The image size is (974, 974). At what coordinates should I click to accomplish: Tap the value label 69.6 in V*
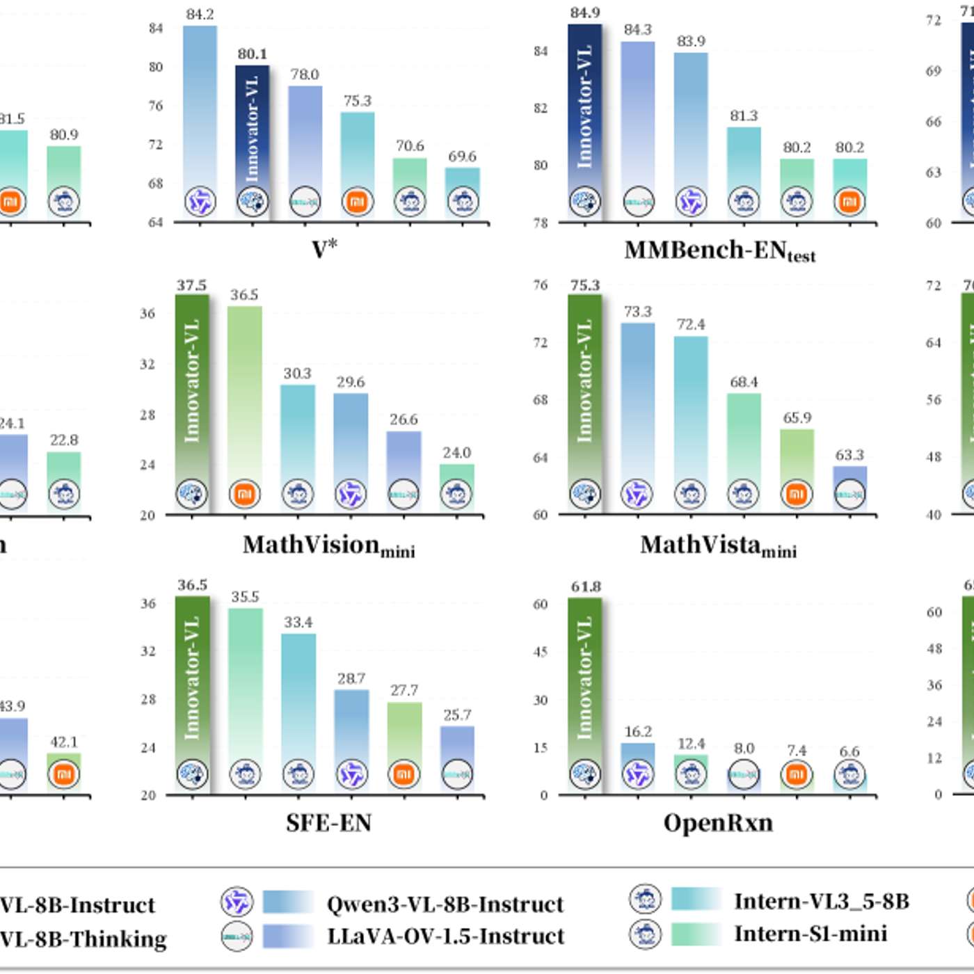(x=462, y=157)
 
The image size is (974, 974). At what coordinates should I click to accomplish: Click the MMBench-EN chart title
(x=719, y=251)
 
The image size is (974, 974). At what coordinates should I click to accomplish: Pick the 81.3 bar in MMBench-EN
(x=744, y=167)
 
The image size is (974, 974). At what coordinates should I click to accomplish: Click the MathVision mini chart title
(x=328, y=545)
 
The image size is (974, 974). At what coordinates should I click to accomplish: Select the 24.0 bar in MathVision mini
(x=457, y=480)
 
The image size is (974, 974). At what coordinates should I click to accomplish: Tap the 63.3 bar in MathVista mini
(x=849, y=480)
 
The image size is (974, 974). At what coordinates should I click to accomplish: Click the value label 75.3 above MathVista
(x=584, y=285)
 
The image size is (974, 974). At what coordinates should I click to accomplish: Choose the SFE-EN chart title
(x=328, y=823)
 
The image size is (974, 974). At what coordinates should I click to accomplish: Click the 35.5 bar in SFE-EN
(x=246, y=689)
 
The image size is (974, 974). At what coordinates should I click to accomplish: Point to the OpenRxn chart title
(x=718, y=823)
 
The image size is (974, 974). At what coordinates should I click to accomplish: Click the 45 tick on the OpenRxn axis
(x=541, y=652)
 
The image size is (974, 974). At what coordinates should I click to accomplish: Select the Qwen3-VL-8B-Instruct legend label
(x=445, y=904)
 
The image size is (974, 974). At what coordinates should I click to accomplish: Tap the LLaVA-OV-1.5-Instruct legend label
(x=445, y=936)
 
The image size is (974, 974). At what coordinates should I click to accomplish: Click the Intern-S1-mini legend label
(x=811, y=934)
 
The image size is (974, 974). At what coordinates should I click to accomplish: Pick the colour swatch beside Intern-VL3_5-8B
(x=696, y=899)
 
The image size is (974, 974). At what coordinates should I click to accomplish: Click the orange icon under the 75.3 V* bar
(x=357, y=202)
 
